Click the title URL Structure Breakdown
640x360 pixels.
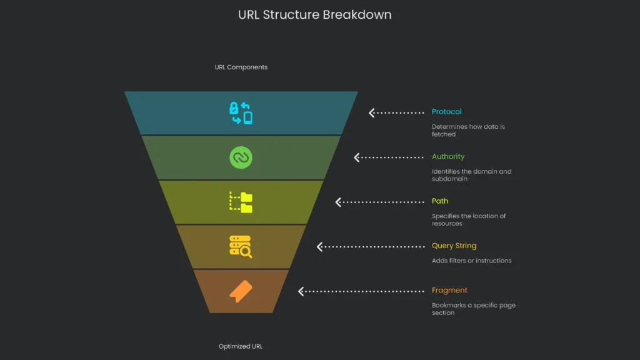[x=314, y=14]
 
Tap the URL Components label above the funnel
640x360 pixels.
[x=241, y=67]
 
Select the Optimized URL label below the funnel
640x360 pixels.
[x=241, y=346]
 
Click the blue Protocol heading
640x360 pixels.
[x=446, y=112]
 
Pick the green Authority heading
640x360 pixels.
[x=448, y=157]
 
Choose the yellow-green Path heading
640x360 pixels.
[x=439, y=201]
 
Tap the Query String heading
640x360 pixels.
[x=454, y=246]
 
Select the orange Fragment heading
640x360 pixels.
[x=449, y=291]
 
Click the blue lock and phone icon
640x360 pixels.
[x=241, y=112]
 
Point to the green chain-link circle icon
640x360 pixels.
[x=241, y=157]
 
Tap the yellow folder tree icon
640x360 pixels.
[x=241, y=202]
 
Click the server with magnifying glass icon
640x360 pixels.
[x=241, y=247]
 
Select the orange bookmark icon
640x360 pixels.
[x=241, y=291]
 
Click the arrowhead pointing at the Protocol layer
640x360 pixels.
[x=372, y=112]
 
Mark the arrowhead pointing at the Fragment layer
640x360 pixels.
[x=301, y=291]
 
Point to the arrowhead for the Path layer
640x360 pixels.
[x=338, y=202]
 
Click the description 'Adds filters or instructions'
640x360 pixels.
[x=471, y=261]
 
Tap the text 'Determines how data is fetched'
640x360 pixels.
[x=467, y=130]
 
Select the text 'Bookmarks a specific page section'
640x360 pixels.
[x=473, y=309]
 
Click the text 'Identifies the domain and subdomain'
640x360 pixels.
[x=471, y=175]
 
